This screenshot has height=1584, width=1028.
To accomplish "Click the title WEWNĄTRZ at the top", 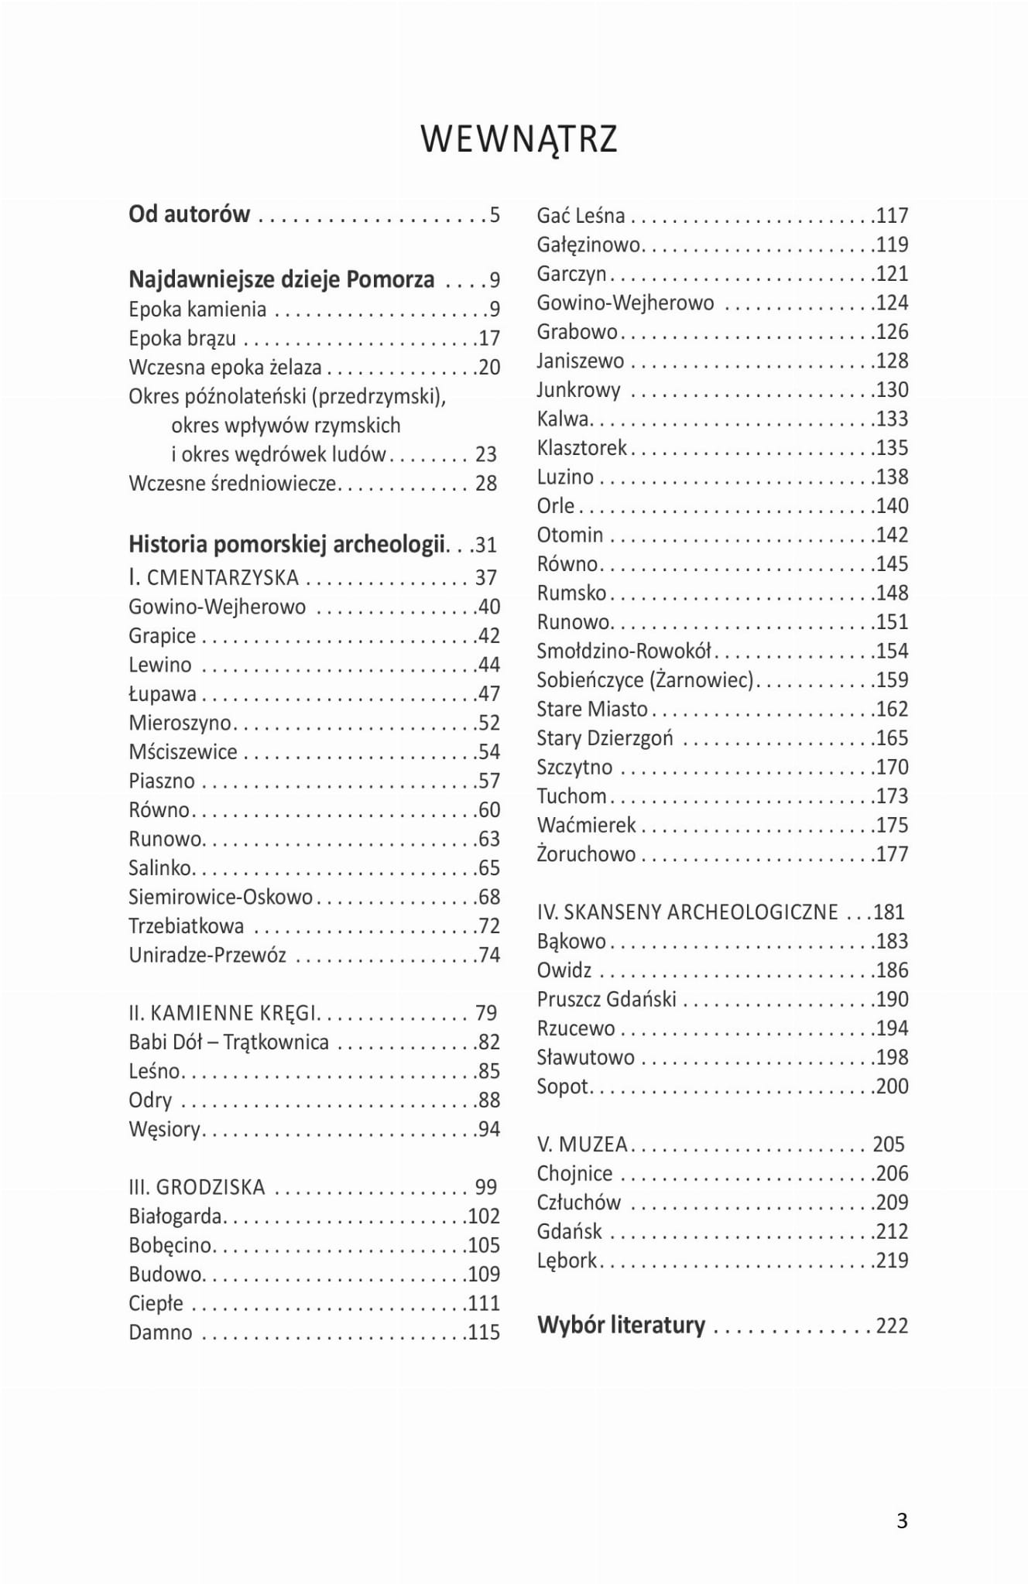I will (x=519, y=139).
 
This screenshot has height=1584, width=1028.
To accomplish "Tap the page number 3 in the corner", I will (x=902, y=1521).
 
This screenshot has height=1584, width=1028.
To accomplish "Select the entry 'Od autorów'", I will (x=190, y=214).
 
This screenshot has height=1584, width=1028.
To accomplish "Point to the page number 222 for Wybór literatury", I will (x=892, y=1326).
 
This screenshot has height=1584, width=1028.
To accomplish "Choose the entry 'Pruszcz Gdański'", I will (x=607, y=999).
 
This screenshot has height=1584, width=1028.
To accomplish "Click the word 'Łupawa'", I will (x=163, y=694).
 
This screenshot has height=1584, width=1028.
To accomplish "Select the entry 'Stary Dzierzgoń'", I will (x=605, y=738).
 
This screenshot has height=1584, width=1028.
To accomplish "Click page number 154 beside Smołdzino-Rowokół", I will (x=892, y=651).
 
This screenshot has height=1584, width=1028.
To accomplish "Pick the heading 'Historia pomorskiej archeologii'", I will (x=286, y=545).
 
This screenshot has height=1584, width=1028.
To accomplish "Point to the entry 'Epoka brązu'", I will (x=182, y=338).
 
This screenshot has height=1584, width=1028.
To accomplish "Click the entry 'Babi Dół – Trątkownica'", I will (x=228, y=1042).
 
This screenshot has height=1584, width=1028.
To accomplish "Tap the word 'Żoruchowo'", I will (x=586, y=854).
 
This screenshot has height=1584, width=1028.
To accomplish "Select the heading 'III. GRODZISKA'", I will (x=197, y=1187).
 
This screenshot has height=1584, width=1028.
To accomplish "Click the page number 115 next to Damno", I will (x=484, y=1333).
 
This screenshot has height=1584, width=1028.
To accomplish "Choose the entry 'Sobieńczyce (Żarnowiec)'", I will (x=645, y=680).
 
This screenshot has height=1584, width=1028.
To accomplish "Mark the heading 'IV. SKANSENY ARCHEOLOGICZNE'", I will (x=687, y=912).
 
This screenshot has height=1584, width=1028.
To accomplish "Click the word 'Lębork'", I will (x=567, y=1261).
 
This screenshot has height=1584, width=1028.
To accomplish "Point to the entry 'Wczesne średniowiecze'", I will (x=232, y=484).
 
